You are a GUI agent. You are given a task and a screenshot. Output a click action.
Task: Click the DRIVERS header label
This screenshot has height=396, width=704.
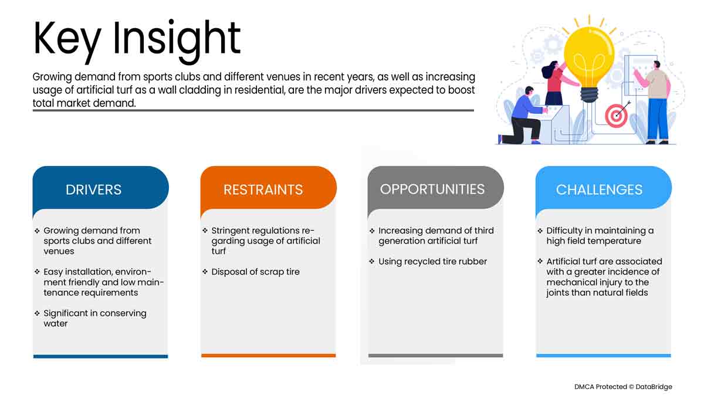tap(93, 189)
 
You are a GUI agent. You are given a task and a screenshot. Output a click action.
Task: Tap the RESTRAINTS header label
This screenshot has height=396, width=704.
tap(263, 189)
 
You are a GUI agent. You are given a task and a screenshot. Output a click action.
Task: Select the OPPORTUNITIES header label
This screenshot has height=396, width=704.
tap(432, 189)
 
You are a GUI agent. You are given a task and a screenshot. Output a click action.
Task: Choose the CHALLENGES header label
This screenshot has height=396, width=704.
tap(599, 189)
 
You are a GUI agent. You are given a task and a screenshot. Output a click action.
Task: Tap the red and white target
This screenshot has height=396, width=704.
tap(616, 116)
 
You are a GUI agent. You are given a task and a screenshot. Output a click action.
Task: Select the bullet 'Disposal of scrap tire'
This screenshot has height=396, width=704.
tap(251, 272)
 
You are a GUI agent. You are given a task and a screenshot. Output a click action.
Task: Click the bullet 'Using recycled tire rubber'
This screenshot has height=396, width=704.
tap(428, 262)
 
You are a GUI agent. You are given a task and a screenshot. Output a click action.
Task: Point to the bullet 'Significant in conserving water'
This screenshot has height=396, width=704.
tap(90, 319)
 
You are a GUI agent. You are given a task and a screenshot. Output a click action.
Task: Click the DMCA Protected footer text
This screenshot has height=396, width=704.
tap(623, 387)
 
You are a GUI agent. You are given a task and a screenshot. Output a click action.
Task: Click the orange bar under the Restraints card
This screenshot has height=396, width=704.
tap(269, 356)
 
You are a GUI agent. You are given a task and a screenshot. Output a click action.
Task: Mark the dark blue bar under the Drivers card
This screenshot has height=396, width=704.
tap(100, 356)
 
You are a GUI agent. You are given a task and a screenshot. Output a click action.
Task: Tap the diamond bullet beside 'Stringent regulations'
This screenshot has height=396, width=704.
tap(205, 231)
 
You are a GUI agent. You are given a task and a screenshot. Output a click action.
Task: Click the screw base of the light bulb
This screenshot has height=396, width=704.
tap(589, 94)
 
